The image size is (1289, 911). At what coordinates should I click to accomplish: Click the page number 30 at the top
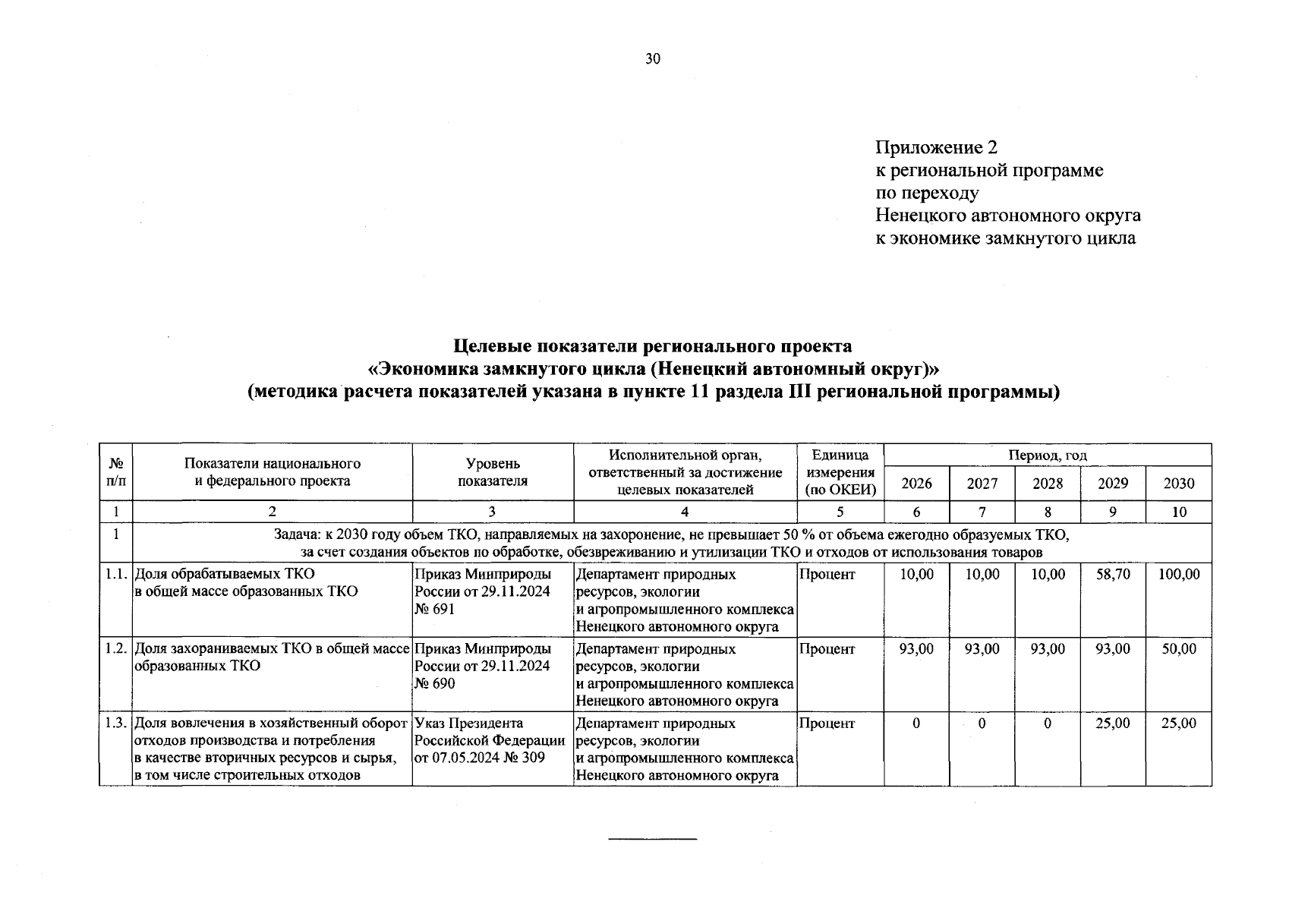[x=653, y=60]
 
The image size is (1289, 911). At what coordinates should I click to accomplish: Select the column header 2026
[x=916, y=484]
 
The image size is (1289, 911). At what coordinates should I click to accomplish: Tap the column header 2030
[x=1178, y=484]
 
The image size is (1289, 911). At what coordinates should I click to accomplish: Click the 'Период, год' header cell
[x=1047, y=455]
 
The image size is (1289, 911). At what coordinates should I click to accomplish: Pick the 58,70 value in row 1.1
[x=1113, y=575]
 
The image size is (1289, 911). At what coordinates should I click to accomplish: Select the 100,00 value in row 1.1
[x=1178, y=575]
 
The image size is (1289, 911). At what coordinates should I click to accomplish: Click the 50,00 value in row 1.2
[x=1178, y=649]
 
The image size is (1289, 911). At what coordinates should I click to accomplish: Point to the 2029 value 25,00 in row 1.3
[x=1113, y=723]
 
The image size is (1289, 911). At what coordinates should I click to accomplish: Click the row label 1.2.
[x=115, y=649]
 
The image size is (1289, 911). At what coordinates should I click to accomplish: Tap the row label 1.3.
[x=115, y=723]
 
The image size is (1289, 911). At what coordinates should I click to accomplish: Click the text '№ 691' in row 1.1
[x=435, y=609]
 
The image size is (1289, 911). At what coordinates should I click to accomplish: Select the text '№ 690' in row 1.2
[x=435, y=683]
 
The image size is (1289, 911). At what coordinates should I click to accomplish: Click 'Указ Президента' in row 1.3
[x=469, y=723]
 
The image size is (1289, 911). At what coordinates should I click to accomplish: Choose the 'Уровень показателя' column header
[x=493, y=471]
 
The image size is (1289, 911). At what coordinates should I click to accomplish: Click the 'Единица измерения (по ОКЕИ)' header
[x=840, y=471]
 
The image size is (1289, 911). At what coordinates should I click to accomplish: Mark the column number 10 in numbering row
[x=1178, y=512]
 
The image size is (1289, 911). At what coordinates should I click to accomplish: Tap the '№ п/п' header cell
[x=115, y=471]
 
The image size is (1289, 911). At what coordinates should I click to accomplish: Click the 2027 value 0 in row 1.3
[x=982, y=723]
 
